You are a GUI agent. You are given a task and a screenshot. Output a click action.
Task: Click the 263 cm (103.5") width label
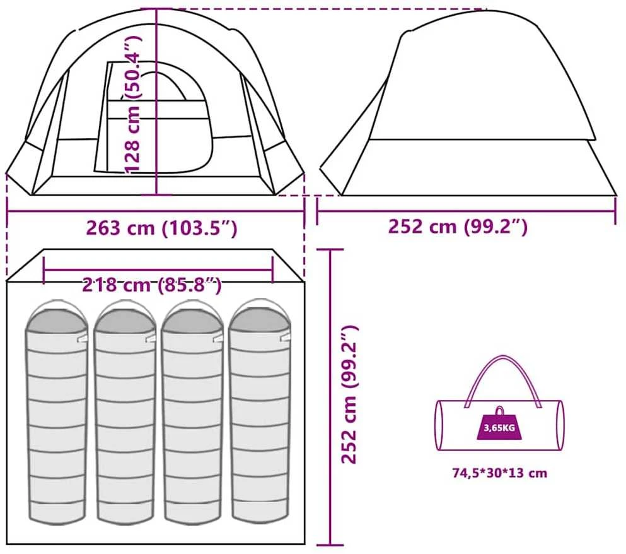(161, 228)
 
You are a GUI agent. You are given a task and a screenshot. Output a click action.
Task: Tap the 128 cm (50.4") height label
(132, 105)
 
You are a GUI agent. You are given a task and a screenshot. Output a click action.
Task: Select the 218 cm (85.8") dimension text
(152, 285)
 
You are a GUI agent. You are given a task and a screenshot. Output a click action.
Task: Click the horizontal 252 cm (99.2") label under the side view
(458, 227)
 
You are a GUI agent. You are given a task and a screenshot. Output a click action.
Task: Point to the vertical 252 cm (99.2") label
(350, 394)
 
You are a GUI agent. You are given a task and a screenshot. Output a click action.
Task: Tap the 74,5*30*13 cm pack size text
(499, 473)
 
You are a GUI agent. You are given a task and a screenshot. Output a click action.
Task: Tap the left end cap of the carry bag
(439, 425)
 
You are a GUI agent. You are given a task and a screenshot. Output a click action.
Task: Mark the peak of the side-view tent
(485, 10)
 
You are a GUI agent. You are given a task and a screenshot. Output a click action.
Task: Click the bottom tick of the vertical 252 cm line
(330, 545)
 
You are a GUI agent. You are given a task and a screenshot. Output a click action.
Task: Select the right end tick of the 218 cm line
(273, 270)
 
